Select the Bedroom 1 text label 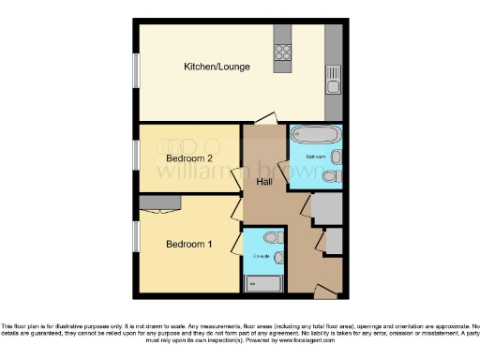point(189,245)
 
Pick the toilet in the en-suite point(272,237)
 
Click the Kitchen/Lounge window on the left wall point(136,69)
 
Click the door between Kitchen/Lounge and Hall point(265,119)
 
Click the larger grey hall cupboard point(326,209)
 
